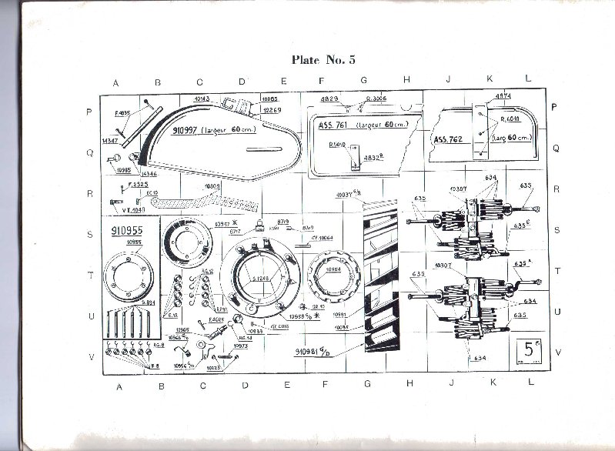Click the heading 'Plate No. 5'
(x=323, y=58)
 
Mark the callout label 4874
(x=503, y=95)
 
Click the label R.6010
(x=511, y=119)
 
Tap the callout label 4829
(x=330, y=100)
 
